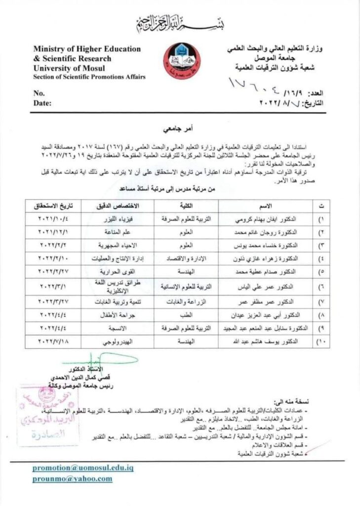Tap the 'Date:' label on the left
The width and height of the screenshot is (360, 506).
(42, 103)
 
